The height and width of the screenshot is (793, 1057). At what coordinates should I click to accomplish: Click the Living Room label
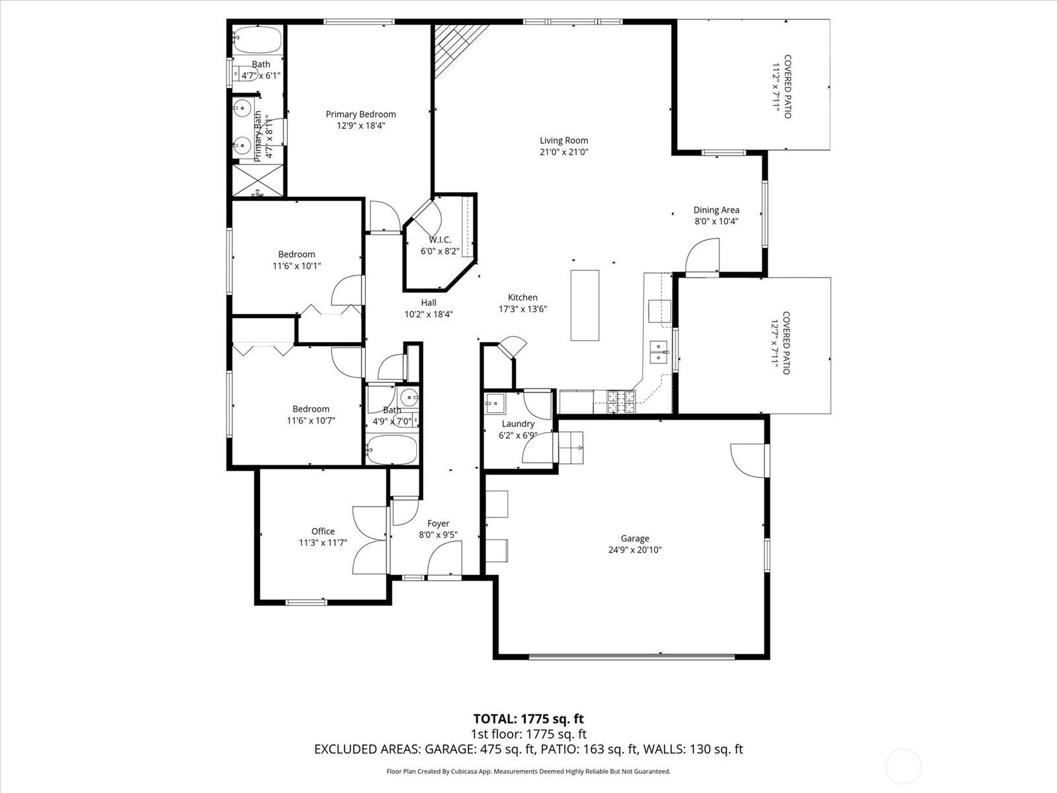click(x=564, y=140)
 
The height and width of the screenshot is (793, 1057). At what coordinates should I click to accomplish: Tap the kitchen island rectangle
click(x=585, y=305)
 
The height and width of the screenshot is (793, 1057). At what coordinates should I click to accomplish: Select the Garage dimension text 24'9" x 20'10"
click(x=634, y=550)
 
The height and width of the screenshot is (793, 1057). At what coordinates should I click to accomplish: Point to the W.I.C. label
click(x=440, y=240)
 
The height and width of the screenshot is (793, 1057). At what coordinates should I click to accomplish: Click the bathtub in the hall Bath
click(x=392, y=450)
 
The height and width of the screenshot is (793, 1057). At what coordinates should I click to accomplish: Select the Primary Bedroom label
click(x=361, y=114)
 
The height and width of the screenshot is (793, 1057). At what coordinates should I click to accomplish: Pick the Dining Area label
click(x=716, y=210)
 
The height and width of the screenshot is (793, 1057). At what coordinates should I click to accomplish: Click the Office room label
click(x=323, y=531)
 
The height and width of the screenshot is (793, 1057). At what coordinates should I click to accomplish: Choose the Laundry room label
click(x=518, y=424)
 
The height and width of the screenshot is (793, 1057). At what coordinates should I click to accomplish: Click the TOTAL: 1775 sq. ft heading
click(x=528, y=719)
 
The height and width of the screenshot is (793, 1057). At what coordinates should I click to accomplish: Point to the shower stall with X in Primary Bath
click(x=258, y=180)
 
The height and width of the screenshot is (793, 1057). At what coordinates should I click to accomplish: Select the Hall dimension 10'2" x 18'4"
click(x=429, y=315)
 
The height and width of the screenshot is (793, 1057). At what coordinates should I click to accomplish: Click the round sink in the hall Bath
click(x=410, y=398)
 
